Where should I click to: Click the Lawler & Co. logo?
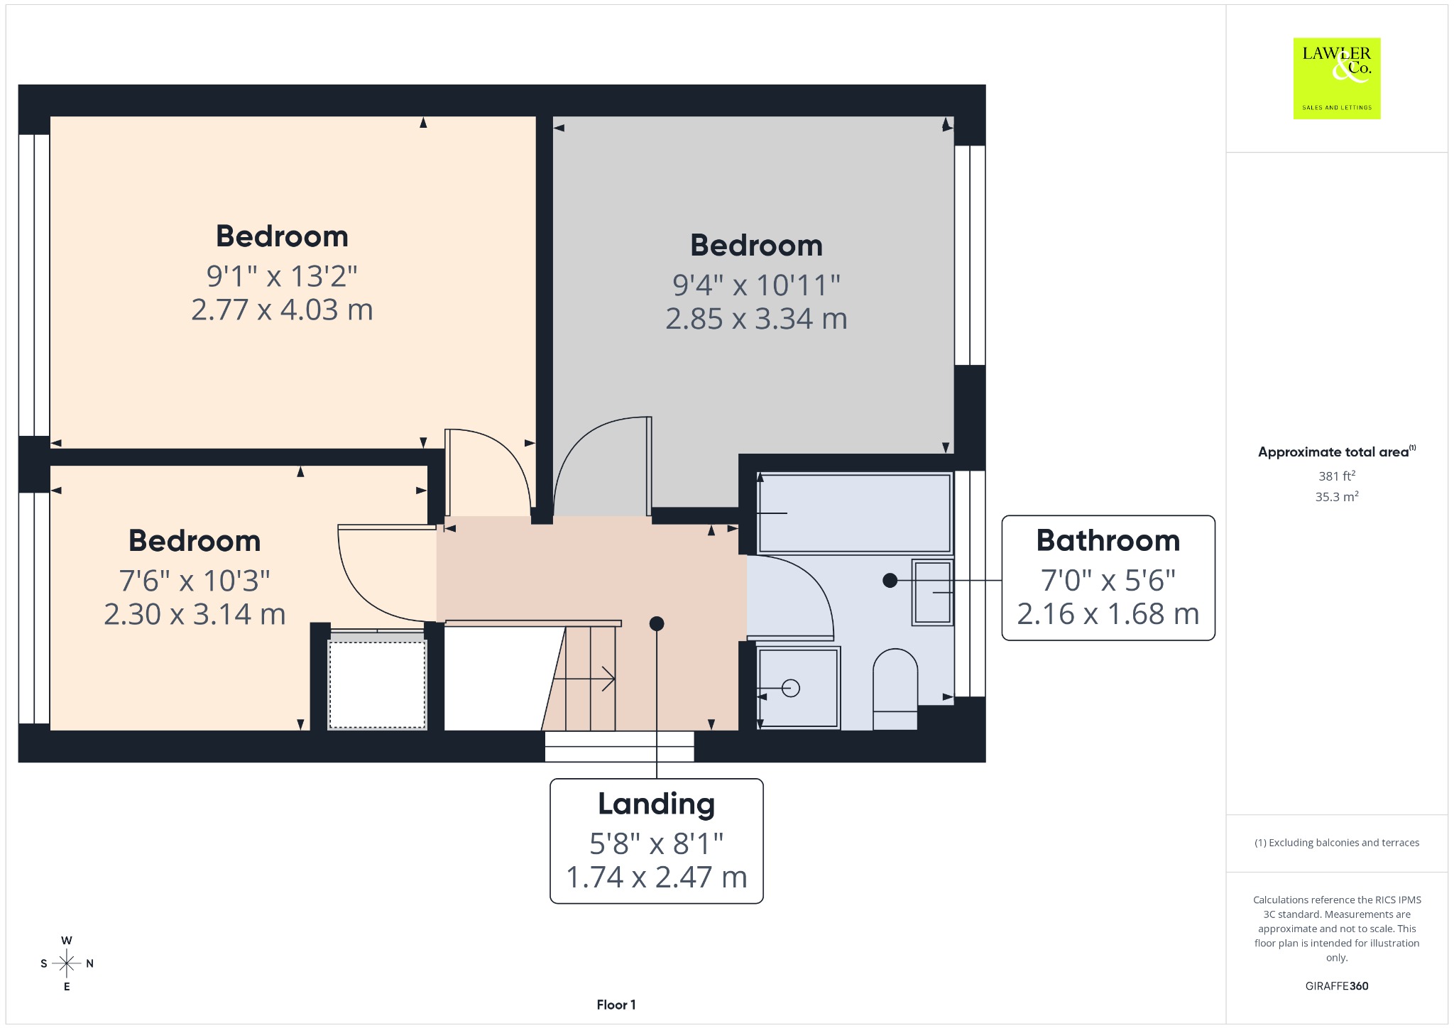click(1337, 78)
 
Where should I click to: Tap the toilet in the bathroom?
click(895, 689)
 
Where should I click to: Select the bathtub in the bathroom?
click(855, 513)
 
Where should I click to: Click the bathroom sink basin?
click(932, 592)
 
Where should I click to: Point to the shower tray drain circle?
click(791, 688)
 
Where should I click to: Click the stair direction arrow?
click(584, 679)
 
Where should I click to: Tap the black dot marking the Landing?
click(657, 623)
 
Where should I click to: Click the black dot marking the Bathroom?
click(890, 580)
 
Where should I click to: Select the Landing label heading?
click(657, 804)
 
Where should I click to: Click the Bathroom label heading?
click(1108, 540)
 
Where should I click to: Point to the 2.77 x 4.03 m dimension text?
click(282, 310)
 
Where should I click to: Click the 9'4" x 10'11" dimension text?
click(756, 285)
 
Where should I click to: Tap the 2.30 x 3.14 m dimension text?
click(195, 614)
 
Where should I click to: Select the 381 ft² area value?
click(1337, 476)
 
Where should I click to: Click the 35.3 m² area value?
click(1337, 496)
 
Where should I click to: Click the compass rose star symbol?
click(67, 963)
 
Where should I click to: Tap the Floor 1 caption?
click(616, 1005)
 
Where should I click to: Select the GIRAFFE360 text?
click(1337, 985)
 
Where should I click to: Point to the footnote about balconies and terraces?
click(1337, 843)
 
